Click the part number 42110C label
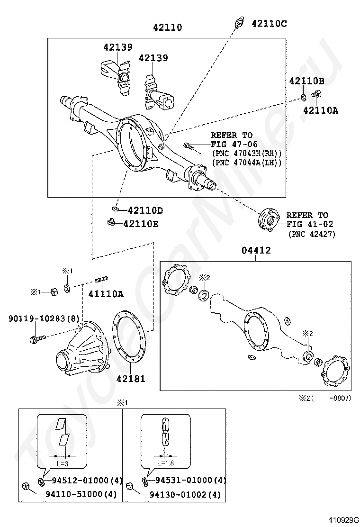click(269, 23)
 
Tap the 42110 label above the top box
click(167, 28)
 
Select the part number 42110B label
click(306, 81)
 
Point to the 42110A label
click(321, 110)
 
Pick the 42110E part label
click(141, 224)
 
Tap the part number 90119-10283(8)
click(44, 319)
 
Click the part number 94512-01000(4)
click(81, 480)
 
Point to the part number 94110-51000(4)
click(81, 494)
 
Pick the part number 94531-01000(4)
click(189, 480)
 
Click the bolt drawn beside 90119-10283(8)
click(37, 338)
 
